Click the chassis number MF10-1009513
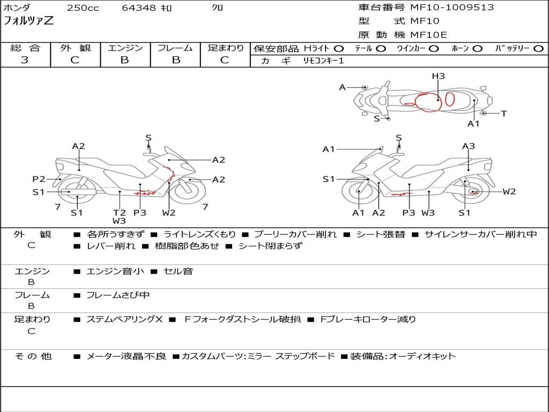tap(452, 8)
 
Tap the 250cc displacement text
tap(83, 8)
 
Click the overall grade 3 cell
tap(25, 60)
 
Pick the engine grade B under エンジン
tap(124, 60)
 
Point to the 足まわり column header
tap(226, 48)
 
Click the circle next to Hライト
tap(339, 49)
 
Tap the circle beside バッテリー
tap(538, 49)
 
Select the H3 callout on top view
tap(439, 76)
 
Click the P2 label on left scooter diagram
tap(39, 179)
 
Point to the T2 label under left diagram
tap(119, 212)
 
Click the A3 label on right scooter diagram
tap(469, 146)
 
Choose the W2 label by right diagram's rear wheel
tap(509, 192)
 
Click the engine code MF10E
tap(428, 35)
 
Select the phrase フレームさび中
tap(118, 295)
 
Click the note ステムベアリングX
tap(124, 319)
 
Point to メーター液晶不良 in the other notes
tap(126, 356)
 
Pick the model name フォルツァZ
tap(29, 21)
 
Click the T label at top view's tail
tap(503, 113)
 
